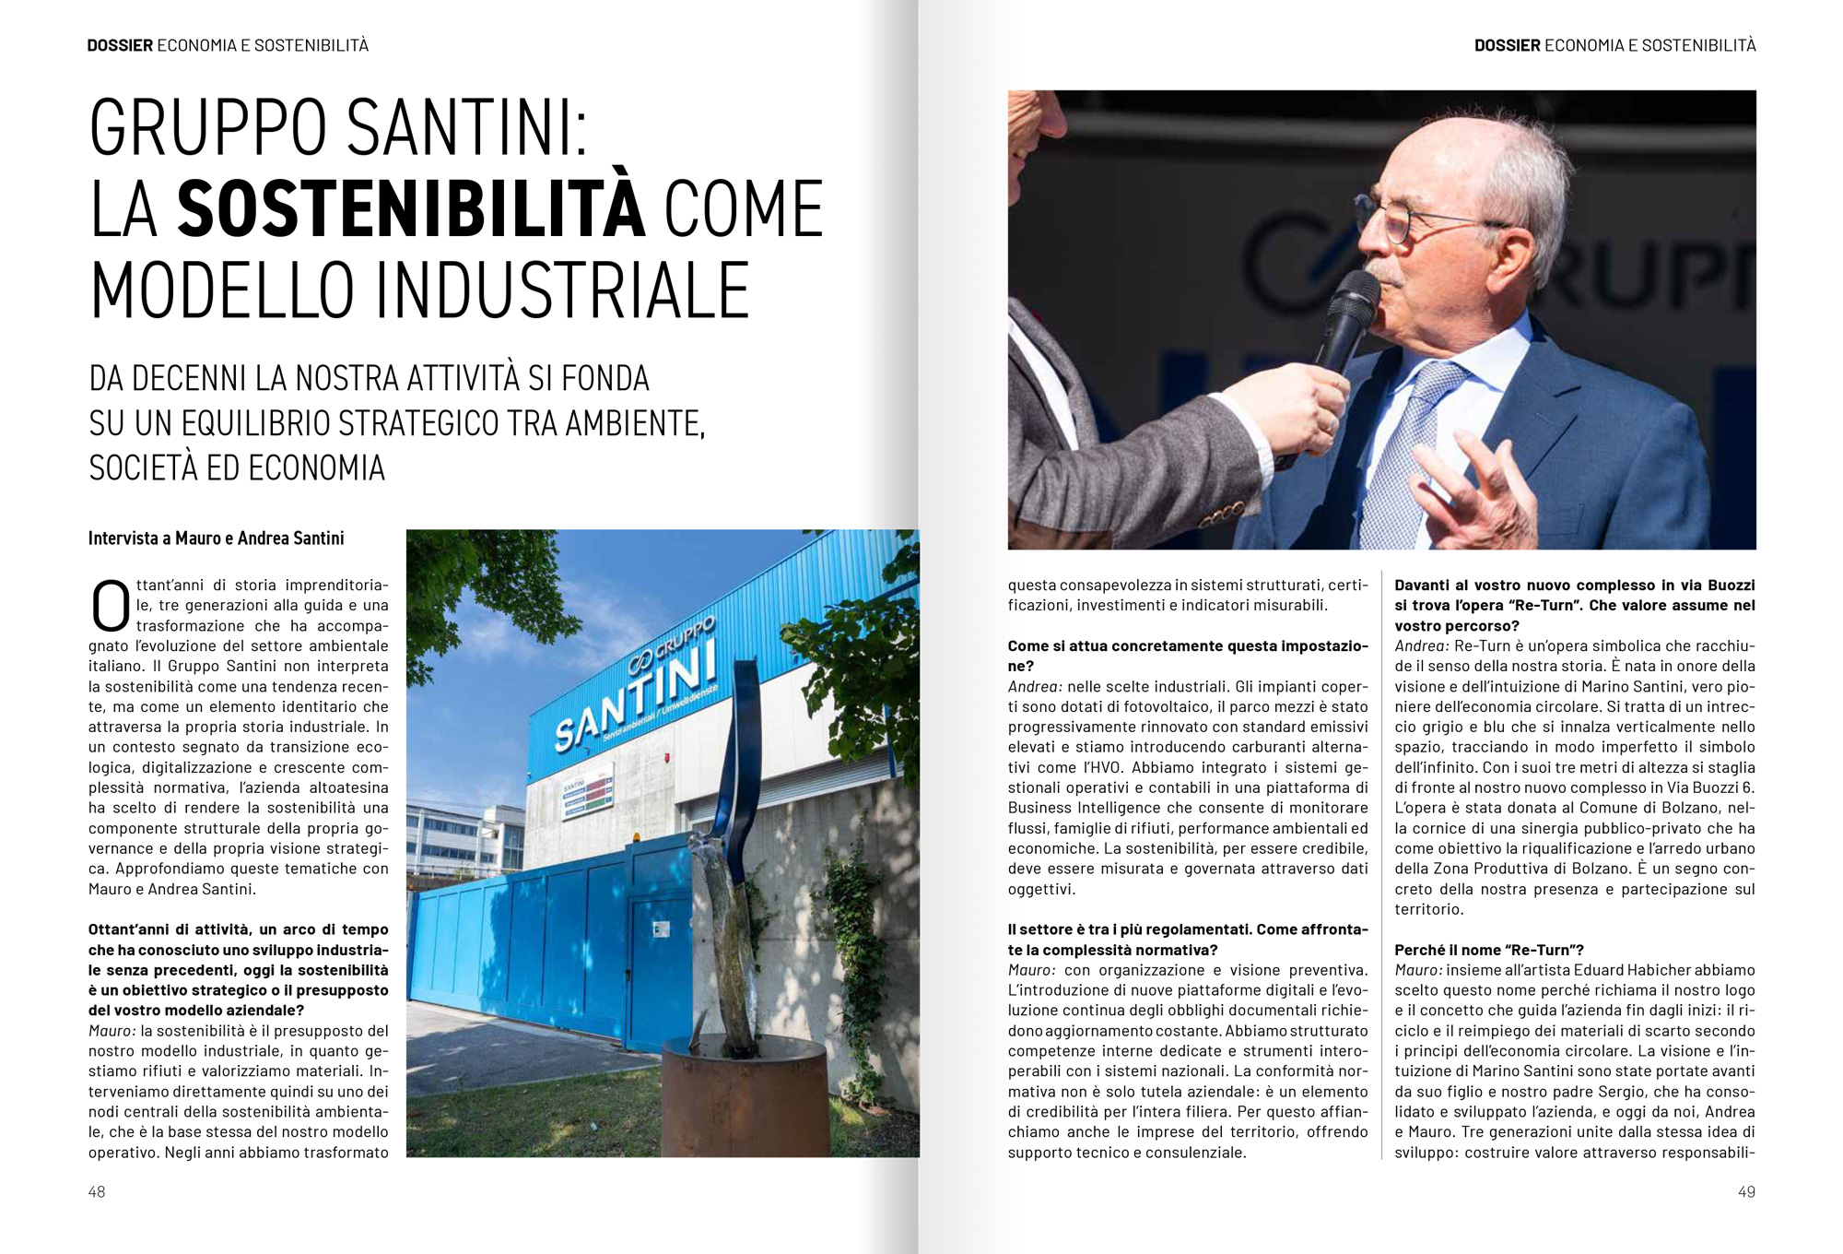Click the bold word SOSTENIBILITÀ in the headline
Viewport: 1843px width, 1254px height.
(411, 208)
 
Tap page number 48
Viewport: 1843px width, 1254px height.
(97, 1191)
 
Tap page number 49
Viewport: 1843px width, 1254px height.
(1745, 1191)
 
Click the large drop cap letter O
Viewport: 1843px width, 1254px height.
(110, 605)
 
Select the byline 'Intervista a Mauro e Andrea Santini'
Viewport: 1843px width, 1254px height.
(216, 538)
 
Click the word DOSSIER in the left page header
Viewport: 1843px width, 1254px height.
(120, 45)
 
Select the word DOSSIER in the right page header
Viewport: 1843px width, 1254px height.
(1507, 45)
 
